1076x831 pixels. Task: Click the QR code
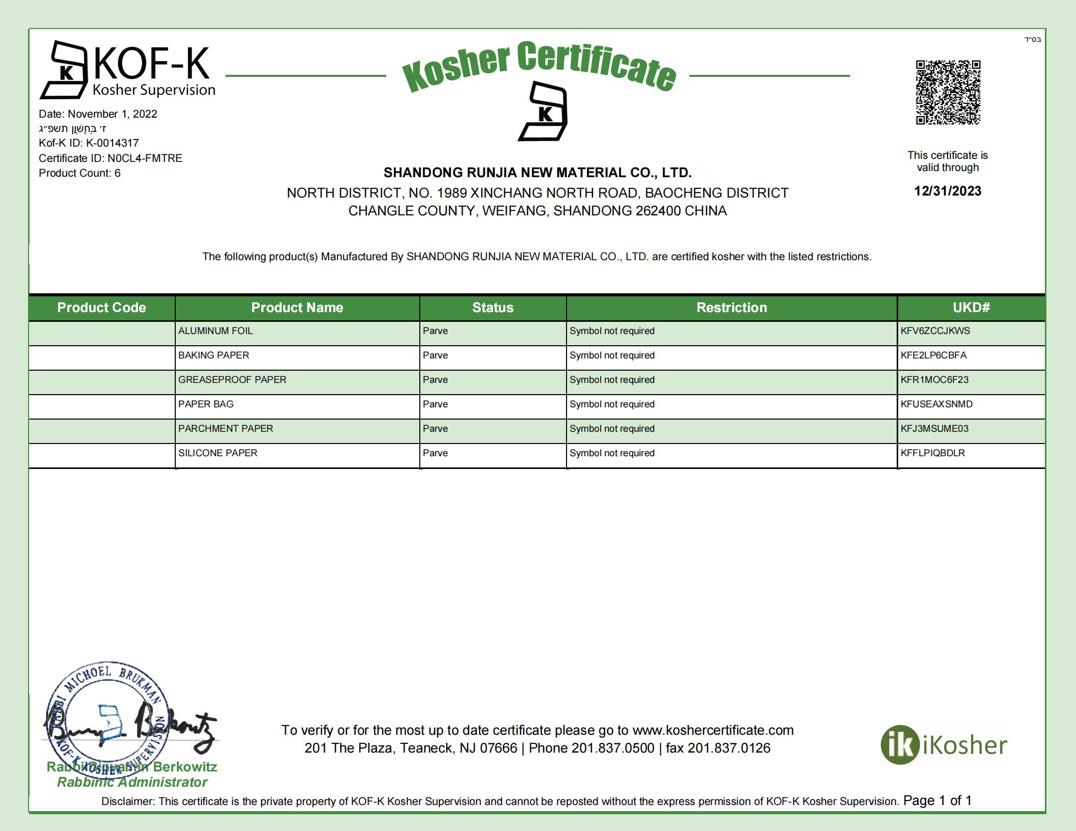948,92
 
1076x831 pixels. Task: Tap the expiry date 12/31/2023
948,191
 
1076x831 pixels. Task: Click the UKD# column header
971,308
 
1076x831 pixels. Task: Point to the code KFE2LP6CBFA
933,355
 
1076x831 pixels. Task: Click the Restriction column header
732,308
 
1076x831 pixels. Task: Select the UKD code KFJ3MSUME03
934,429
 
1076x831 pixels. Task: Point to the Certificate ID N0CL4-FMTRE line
111,158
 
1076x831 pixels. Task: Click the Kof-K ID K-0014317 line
89,143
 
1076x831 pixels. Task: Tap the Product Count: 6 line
79,173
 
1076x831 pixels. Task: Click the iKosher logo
944,745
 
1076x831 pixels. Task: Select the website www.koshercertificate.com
713,730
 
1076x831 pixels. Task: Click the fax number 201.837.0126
729,748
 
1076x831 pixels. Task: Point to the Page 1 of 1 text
937,800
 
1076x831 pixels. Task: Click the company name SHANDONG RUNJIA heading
537,173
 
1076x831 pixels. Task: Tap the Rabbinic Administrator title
132,782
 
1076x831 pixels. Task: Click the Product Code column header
101,308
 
